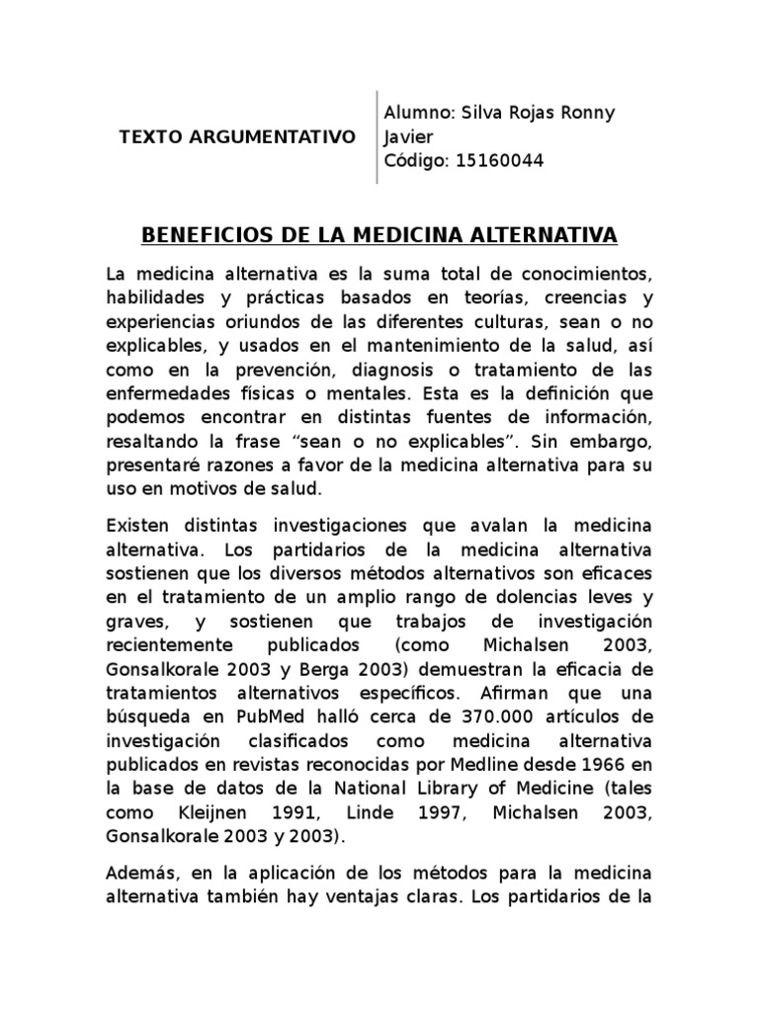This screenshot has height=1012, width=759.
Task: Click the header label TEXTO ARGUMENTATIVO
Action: pyautogui.click(x=237, y=136)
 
